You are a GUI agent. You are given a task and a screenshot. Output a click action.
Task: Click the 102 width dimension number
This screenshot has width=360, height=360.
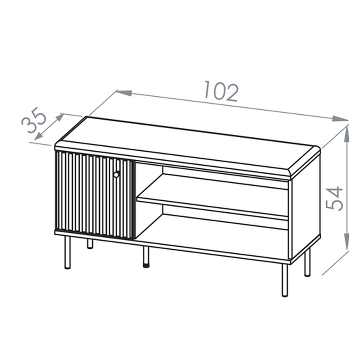coord(221,91)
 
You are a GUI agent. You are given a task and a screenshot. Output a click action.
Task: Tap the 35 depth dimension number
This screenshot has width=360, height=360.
coord(34,120)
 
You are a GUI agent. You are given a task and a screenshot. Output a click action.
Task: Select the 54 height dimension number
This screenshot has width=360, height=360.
coord(334,198)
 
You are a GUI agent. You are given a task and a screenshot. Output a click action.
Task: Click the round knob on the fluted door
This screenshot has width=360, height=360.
coord(117,175)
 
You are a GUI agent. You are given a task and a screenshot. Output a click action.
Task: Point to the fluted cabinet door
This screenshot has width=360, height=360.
coord(94,195)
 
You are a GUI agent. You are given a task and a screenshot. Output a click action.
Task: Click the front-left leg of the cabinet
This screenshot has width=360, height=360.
coord(67,252)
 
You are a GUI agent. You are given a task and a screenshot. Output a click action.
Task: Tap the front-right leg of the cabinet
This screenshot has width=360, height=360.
coord(285,280)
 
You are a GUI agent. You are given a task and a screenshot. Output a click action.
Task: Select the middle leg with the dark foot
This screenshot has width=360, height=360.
coord(146,256)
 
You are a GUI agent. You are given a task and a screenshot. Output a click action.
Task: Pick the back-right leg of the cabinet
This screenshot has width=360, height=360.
coord(307,262)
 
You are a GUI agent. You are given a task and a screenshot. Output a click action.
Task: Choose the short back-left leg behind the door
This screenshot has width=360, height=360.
coord(90,244)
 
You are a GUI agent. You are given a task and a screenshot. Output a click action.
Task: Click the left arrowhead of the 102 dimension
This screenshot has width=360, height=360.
coord(124,93)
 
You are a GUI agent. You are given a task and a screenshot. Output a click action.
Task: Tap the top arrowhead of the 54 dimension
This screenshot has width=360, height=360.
coord(346,133)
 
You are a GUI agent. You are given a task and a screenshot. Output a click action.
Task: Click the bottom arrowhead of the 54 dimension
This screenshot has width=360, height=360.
coord(346,242)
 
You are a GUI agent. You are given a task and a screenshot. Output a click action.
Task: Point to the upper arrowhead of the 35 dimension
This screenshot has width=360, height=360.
coord(60,117)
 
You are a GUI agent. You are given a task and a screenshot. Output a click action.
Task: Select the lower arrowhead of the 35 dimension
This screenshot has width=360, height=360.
coord(38,136)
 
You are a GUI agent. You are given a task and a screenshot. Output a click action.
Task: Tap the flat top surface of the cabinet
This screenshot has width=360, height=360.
coord(187,144)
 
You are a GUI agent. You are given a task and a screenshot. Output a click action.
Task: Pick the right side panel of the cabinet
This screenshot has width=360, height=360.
coord(306,207)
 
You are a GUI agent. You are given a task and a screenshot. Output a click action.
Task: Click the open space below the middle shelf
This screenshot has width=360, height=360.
coord(212,229)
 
